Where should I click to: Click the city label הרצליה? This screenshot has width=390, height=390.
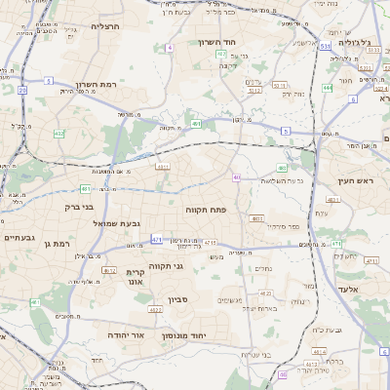click(104, 26)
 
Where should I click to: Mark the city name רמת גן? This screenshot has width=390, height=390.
click(59, 243)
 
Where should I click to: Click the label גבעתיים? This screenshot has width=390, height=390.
click(19, 237)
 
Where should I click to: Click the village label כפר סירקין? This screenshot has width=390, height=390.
click(268, 227)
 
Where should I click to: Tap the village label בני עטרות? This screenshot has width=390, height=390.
click(256, 353)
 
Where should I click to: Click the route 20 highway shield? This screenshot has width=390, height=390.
click(21, 90)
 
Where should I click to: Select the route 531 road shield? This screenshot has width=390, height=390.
click(324, 46)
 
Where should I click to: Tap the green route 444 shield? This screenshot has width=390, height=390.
click(328, 88)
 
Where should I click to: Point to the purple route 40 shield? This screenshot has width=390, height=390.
click(237, 177)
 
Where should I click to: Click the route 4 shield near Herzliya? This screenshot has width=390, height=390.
click(170, 47)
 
